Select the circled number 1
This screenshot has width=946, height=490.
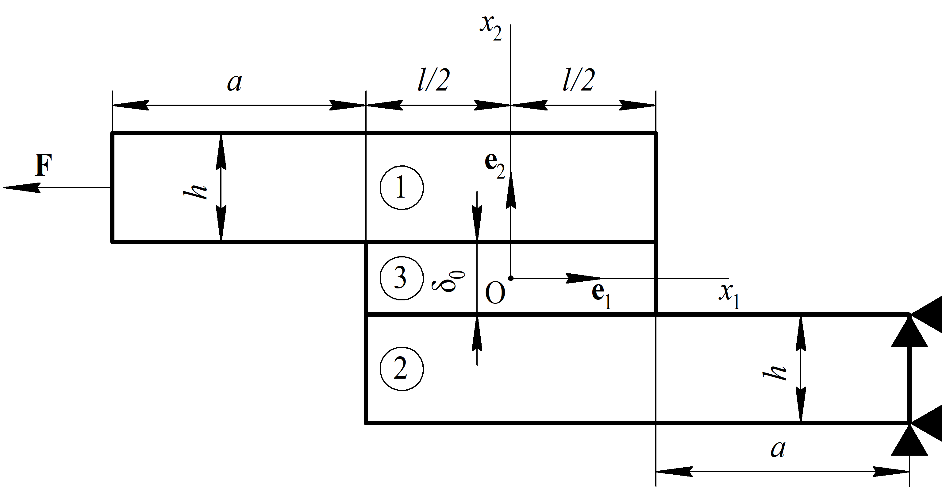pyautogui.click(x=402, y=187)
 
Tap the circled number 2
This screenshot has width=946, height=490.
pyautogui.click(x=402, y=369)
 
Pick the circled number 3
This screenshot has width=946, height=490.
pyautogui.click(x=402, y=278)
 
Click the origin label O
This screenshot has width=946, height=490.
pyautogui.click(x=495, y=294)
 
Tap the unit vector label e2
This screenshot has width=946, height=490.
pyautogui.click(x=495, y=166)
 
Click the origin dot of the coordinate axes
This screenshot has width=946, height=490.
pyautogui.click(x=510, y=278)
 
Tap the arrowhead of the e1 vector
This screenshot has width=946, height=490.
pyautogui.click(x=584, y=278)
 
